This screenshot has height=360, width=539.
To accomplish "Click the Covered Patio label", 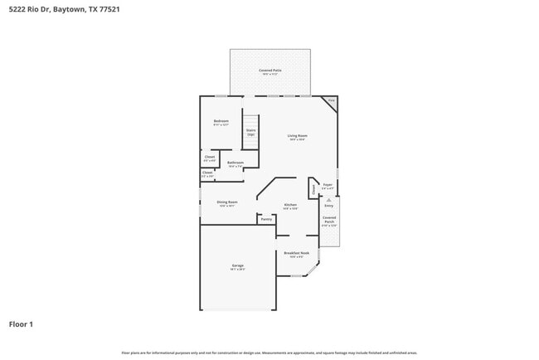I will click(x=269, y=71).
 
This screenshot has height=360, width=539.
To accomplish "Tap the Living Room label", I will click(x=298, y=136).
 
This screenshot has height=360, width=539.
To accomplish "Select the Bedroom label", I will click(x=221, y=122).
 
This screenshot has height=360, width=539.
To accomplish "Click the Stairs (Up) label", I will click(x=250, y=132).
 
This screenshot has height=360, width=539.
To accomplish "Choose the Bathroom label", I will click(x=236, y=163).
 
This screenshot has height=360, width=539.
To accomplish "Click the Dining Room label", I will click(x=227, y=202).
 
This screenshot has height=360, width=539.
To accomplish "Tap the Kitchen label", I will click(x=290, y=205).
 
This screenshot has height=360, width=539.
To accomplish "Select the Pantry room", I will click(x=266, y=220).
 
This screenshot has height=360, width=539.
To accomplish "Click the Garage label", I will click(x=238, y=266).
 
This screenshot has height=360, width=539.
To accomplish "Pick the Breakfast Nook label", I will click(x=297, y=254).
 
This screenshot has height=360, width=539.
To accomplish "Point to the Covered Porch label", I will click(x=329, y=220).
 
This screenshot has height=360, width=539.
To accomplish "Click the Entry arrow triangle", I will click(x=329, y=199).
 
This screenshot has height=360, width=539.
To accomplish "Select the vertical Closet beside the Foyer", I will click(x=313, y=189).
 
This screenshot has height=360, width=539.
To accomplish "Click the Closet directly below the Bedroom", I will click(x=210, y=158).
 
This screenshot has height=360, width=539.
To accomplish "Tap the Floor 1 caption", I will click(x=21, y=324).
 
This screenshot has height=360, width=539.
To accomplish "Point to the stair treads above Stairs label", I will click(x=250, y=121).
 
